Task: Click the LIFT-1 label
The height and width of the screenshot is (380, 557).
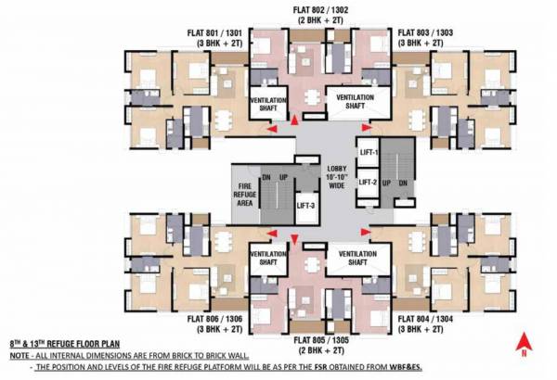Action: coord(369,150)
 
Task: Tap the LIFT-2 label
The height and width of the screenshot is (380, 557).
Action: coord(369,182)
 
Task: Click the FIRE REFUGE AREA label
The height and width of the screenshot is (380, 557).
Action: coord(245,190)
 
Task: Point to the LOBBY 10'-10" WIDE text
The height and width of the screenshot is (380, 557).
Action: coord(335,176)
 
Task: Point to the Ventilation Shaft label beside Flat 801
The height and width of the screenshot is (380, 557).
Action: coord(265,101)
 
